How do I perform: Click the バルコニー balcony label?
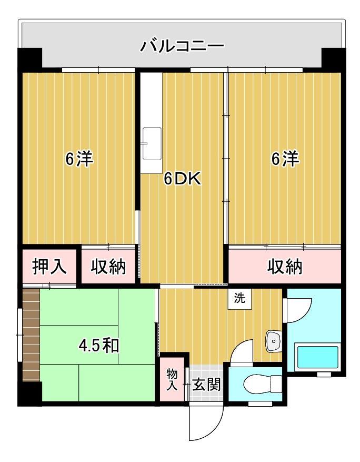click(x=182, y=47)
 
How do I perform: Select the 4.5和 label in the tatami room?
click(x=98, y=346)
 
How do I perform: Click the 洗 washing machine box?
click(x=239, y=299)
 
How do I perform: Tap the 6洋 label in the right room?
click(x=285, y=159)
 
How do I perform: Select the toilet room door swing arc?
click(x=242, y=351)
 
